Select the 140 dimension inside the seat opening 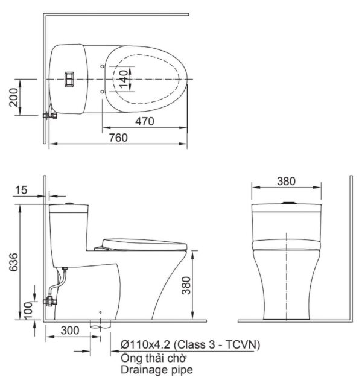(123, 79)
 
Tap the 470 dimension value (144, 121)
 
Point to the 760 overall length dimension (118, 138)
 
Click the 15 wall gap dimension (21, 190)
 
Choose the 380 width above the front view (287, 180)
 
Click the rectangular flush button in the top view (69, 79)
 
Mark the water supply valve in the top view (49, 115)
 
